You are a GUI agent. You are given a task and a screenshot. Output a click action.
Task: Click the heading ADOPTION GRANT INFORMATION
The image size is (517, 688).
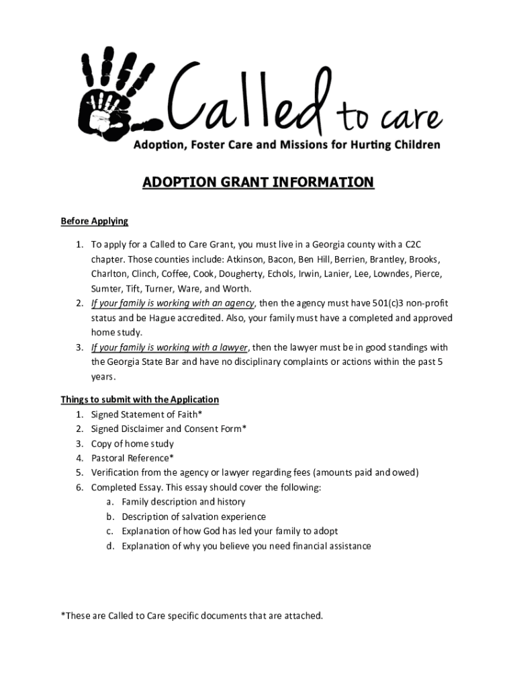point(258,183)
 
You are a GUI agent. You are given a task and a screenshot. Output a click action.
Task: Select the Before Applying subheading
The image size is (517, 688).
point(94,221)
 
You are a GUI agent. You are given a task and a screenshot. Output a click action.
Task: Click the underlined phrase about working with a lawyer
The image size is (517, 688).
point(170,347)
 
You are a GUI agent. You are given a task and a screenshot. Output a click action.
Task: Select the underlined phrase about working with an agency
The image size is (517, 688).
point(173,303)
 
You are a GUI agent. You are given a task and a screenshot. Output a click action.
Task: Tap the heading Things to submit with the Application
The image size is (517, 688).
point(140,399)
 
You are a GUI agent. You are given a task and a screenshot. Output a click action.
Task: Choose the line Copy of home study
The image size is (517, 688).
point(132,443)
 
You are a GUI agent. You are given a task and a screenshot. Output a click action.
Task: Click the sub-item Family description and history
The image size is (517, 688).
point(183,502)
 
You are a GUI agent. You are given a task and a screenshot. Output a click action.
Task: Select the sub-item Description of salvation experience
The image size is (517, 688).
point(193,517)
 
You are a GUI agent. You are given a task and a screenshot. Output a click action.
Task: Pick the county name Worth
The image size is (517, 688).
point(238,289)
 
